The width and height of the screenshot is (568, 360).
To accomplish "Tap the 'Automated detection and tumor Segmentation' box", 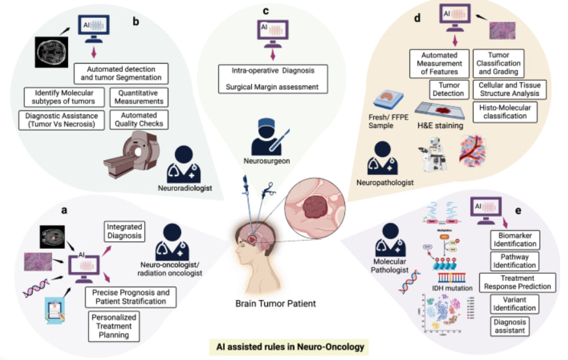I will pos(121,73).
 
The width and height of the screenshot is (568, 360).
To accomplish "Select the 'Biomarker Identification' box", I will pos(515,240).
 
